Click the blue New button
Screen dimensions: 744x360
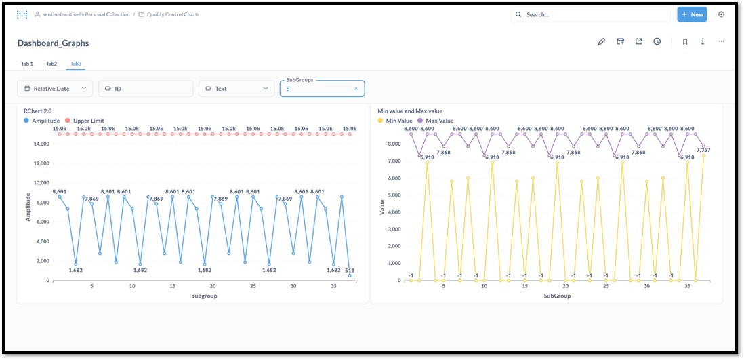pos(692,14)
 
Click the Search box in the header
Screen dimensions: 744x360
pos(592,14)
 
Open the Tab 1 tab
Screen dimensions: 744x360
pos(27,64)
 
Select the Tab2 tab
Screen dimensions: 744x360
pos(51,64)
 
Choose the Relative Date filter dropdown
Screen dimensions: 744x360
pos(55,88)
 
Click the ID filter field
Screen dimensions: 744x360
pos(146,88)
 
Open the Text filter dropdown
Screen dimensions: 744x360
pos(236,88)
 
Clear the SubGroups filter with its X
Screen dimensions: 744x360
pos(356,88)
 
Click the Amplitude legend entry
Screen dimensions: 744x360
pos(42,121)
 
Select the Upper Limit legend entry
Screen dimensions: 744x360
pos(85,121)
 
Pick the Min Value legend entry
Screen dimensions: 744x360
pos(395,121)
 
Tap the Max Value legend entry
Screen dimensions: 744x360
pos(436,121)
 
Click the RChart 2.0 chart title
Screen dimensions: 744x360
pos(37,111)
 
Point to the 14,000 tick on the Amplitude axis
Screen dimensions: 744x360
pos(41,144)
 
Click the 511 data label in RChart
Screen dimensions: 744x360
pos(350,271)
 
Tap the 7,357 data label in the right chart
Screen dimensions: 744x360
pos(703,150)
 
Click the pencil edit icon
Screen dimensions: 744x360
pos(602,41)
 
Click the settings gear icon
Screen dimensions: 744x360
pos(721,14)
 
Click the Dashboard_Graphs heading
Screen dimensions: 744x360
pos(53,43)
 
